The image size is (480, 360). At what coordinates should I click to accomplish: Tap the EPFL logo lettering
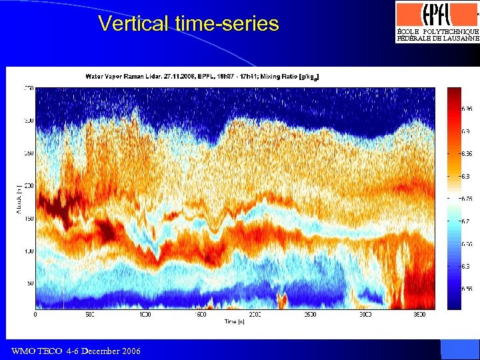pos(437,14)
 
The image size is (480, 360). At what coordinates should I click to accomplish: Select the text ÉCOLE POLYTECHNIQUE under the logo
pos(437,31)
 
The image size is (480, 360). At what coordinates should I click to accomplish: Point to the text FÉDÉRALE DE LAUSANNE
pos(437,39)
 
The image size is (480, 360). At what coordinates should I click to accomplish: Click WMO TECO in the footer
pos(37,351)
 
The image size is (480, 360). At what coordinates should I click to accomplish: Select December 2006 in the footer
pos(113,351)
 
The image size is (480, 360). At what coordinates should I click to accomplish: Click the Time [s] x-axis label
pos(234,321)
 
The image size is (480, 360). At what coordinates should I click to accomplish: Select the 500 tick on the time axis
pos(90,314)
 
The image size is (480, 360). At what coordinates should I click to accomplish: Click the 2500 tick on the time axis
pos(310,314)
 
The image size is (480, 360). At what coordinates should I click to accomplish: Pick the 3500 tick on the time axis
pos(419,314)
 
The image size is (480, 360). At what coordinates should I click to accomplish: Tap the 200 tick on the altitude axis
pos(29,186)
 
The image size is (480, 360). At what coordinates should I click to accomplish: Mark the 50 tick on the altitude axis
pos(30,284)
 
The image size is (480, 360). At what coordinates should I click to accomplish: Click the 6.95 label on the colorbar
pos(468,108)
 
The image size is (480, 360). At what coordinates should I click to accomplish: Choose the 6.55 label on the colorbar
pos(468,289)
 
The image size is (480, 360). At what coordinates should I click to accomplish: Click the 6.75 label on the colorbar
pos(468,199)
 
